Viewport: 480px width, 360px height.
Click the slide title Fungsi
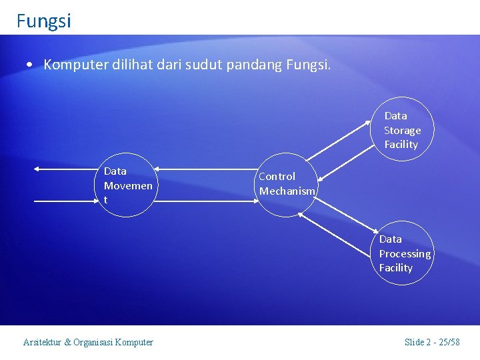point(44,21)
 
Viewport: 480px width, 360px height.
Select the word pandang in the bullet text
point(255,65)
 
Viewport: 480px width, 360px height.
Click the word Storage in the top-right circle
point(402,131)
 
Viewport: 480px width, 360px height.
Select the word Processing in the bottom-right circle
point(405,254)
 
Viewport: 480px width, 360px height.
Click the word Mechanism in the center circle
point(287,191)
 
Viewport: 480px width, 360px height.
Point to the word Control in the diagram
point(277,177)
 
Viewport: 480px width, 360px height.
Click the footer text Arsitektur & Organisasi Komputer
point(88,342)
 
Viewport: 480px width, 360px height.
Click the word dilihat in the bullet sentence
point(126,65)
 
